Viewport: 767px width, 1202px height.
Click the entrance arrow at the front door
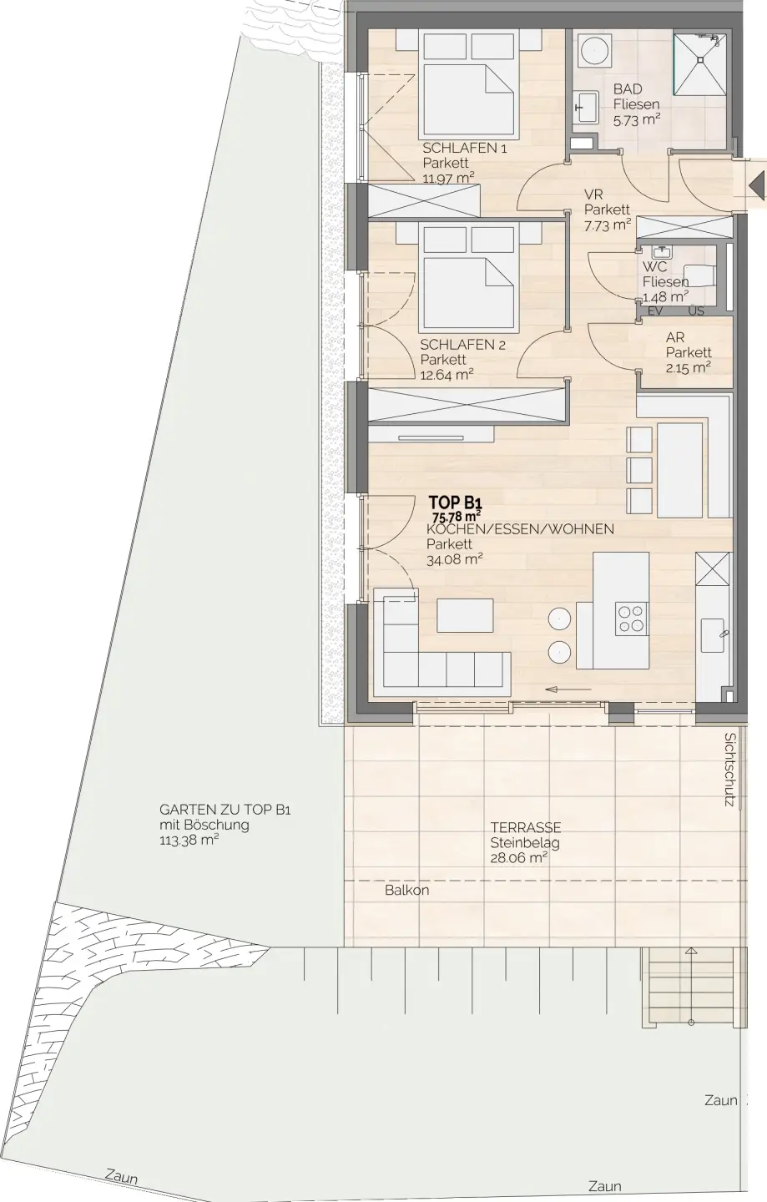(757, 188)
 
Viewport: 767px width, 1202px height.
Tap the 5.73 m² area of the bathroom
(637, 119)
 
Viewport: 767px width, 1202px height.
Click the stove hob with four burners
(631, 619)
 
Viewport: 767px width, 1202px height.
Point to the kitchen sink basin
(712, 635)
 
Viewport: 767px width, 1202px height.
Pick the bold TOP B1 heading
(456, 503)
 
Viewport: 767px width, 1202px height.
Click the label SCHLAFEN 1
(465, 148)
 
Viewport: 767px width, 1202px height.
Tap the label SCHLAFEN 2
(463, 345)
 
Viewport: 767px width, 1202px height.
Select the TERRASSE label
(526, 827)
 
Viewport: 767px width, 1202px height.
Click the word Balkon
(407, 890)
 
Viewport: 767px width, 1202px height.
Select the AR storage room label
(675, 337)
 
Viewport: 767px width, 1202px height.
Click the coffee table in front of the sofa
(465, 615)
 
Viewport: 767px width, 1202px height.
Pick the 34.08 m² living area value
(455, 559)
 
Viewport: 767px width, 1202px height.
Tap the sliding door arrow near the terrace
(568, 689)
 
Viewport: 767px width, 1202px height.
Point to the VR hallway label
(593, 194)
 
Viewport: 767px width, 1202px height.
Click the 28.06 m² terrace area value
(518, 857)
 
